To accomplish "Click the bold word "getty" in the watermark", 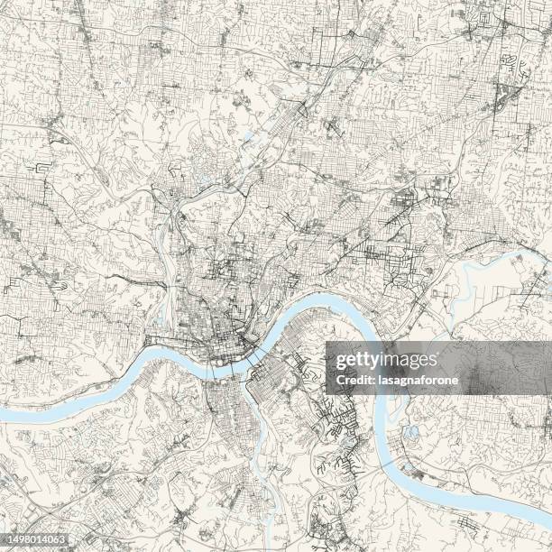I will click(x=357, y=361).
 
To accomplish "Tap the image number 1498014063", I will click(x=34, y=540).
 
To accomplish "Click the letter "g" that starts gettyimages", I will click(x=340, y=362).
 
